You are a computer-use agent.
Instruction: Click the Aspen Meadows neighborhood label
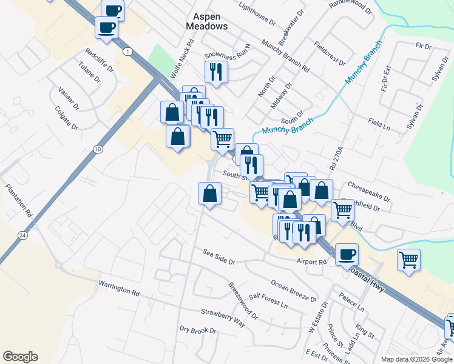click(206, 21)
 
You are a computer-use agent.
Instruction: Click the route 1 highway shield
click(127, 52)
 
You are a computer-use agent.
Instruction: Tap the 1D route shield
click(98, 149)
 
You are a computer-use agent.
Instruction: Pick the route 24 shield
click(22, 235)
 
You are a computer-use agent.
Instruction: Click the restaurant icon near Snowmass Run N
click(215, 72)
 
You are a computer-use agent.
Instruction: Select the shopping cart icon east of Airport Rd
click(409, 259)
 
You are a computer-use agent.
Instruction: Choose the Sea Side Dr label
click(219, 257)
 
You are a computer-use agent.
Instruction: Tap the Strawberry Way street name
click(223, 317)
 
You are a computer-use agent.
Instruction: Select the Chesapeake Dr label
click(368, 190)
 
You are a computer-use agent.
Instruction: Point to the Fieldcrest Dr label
click(330, 54)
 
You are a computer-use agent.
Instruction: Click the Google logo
click(20, 357)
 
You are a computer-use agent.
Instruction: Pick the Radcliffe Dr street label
click(100, 59)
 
